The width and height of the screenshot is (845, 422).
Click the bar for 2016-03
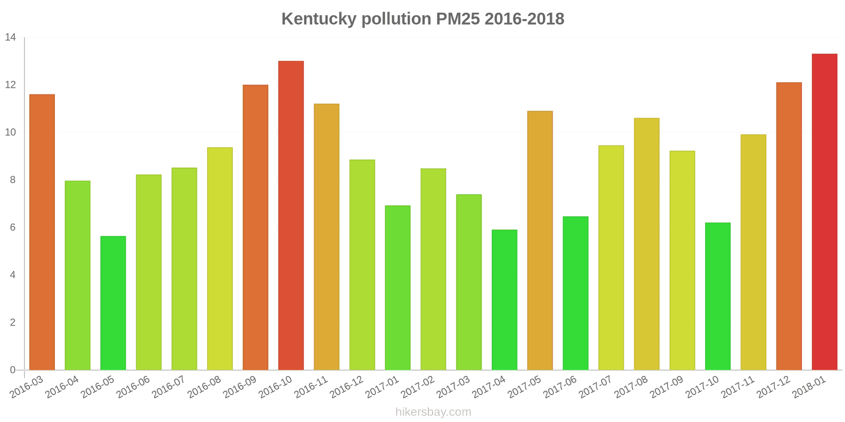point(42,232)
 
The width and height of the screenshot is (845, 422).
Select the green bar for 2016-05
point(113,303)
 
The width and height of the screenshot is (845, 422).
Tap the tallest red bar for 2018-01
point(824,212)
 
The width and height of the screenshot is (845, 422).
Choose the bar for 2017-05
point(540,240)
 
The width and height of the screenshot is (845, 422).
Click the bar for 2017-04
point(504,300)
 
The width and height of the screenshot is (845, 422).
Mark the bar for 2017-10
point(718,296)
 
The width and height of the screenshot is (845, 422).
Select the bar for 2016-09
point(255,227)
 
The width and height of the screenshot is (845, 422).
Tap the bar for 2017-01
point(398,287)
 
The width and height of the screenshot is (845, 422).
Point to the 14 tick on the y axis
point(11,37)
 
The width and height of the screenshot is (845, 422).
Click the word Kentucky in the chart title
point(319,19)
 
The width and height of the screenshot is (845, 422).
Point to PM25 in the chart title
point(458,19)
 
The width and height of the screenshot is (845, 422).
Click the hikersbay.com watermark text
point(433,412)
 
